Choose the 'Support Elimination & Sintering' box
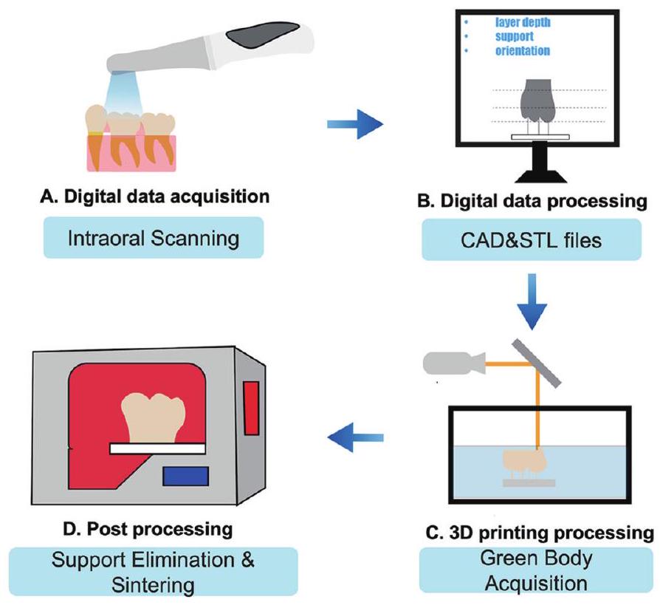pyautogui.click(x=154, y=570)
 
